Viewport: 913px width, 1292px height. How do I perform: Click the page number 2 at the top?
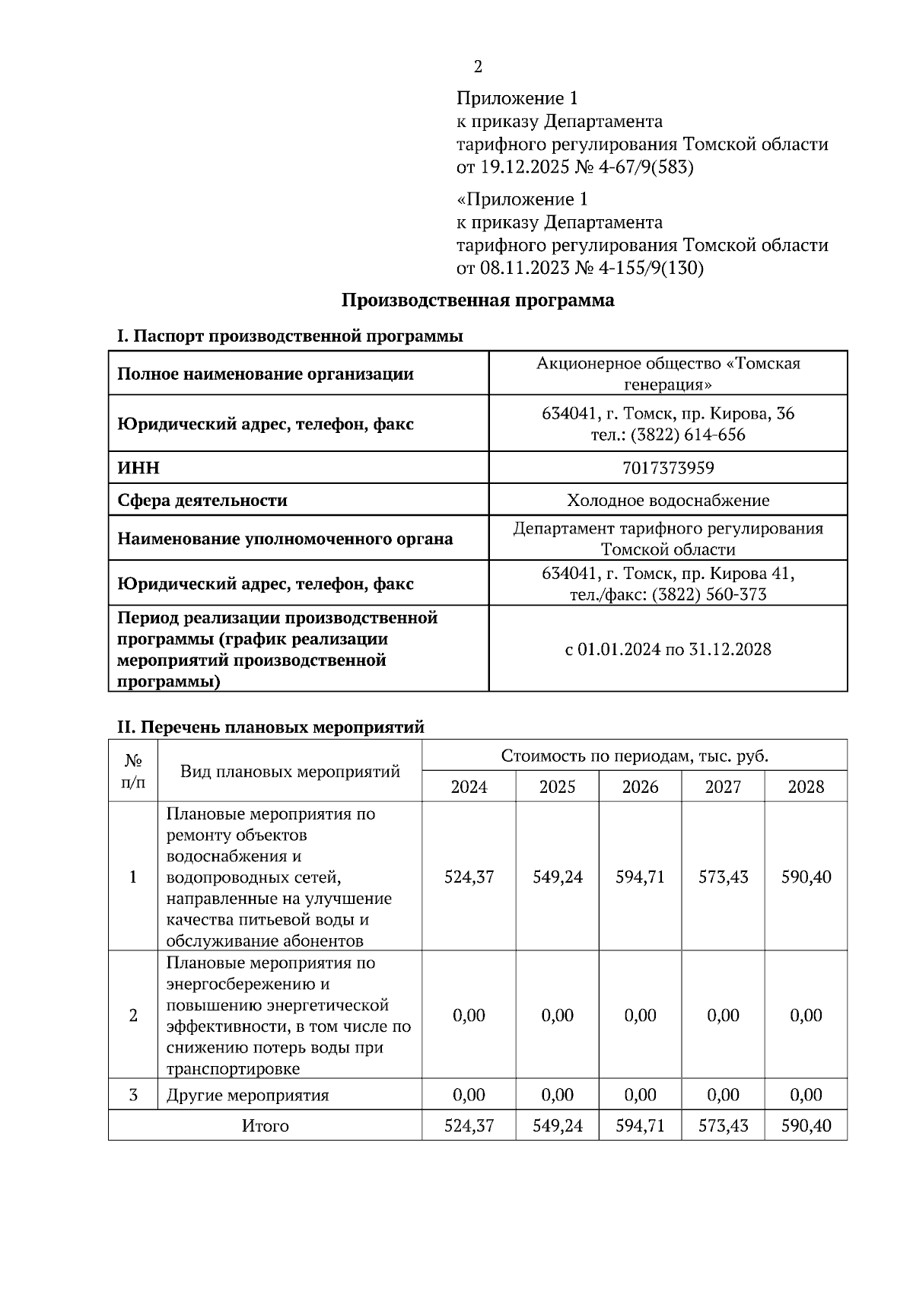pos(478,67)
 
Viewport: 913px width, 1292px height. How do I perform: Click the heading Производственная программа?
pos(477,301)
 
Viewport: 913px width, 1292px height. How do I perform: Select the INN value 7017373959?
pos(667,468)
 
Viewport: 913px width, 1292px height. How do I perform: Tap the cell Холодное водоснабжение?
pos(667,501)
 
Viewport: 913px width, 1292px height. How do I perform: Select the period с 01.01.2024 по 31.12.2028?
pos(667,650)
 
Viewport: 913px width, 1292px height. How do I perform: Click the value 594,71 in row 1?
pos(640,877)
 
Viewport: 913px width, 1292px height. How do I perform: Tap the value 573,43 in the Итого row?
pos(723,1126)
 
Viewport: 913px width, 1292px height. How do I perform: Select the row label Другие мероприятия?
pos(247,1096)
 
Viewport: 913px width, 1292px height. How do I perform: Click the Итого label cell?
pos(265,1126)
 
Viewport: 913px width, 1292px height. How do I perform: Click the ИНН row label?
pos(138,468)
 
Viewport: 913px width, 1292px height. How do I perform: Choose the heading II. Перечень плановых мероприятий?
pos(270,727)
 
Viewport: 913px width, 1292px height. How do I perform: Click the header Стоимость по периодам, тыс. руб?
pos(634,756)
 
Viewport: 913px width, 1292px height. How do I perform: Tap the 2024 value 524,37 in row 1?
pos(469,877)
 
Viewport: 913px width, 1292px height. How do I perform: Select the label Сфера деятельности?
pos(202,501)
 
